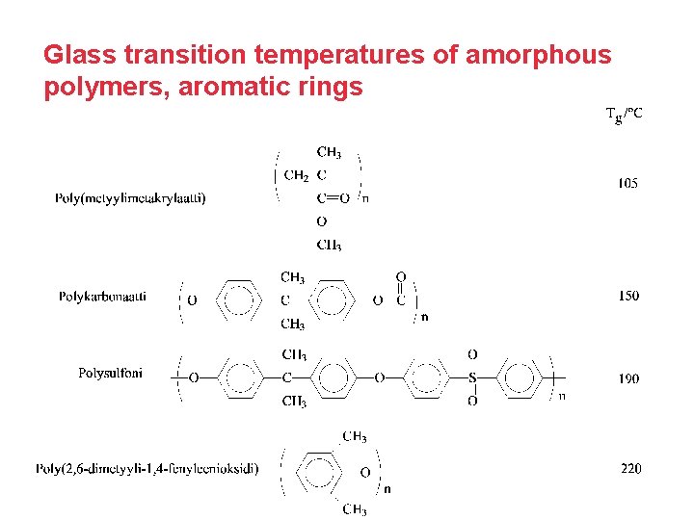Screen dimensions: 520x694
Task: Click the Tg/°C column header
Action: (624, 115)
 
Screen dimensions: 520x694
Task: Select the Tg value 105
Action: (627, 183)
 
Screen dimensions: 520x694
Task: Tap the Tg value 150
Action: (628, 297)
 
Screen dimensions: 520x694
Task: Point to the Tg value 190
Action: (628, 378)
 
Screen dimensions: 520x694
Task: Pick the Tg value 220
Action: (630, 469)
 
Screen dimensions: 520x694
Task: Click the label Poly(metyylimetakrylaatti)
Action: (130, 198)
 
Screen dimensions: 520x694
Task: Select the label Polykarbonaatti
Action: (102, 297)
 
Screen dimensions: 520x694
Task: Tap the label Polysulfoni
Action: (110, 373)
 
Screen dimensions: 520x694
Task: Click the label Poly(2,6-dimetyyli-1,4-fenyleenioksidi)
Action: (147, 469)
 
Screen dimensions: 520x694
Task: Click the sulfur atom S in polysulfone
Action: (472, 377)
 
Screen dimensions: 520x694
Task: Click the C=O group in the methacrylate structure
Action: (332, 198)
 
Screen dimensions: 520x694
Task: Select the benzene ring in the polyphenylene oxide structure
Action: (319, 473)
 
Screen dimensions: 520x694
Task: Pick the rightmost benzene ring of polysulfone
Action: (521, 377)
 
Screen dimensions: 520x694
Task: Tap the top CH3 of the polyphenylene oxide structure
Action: (355, 436)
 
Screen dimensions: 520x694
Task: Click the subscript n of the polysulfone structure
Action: (562, 395)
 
